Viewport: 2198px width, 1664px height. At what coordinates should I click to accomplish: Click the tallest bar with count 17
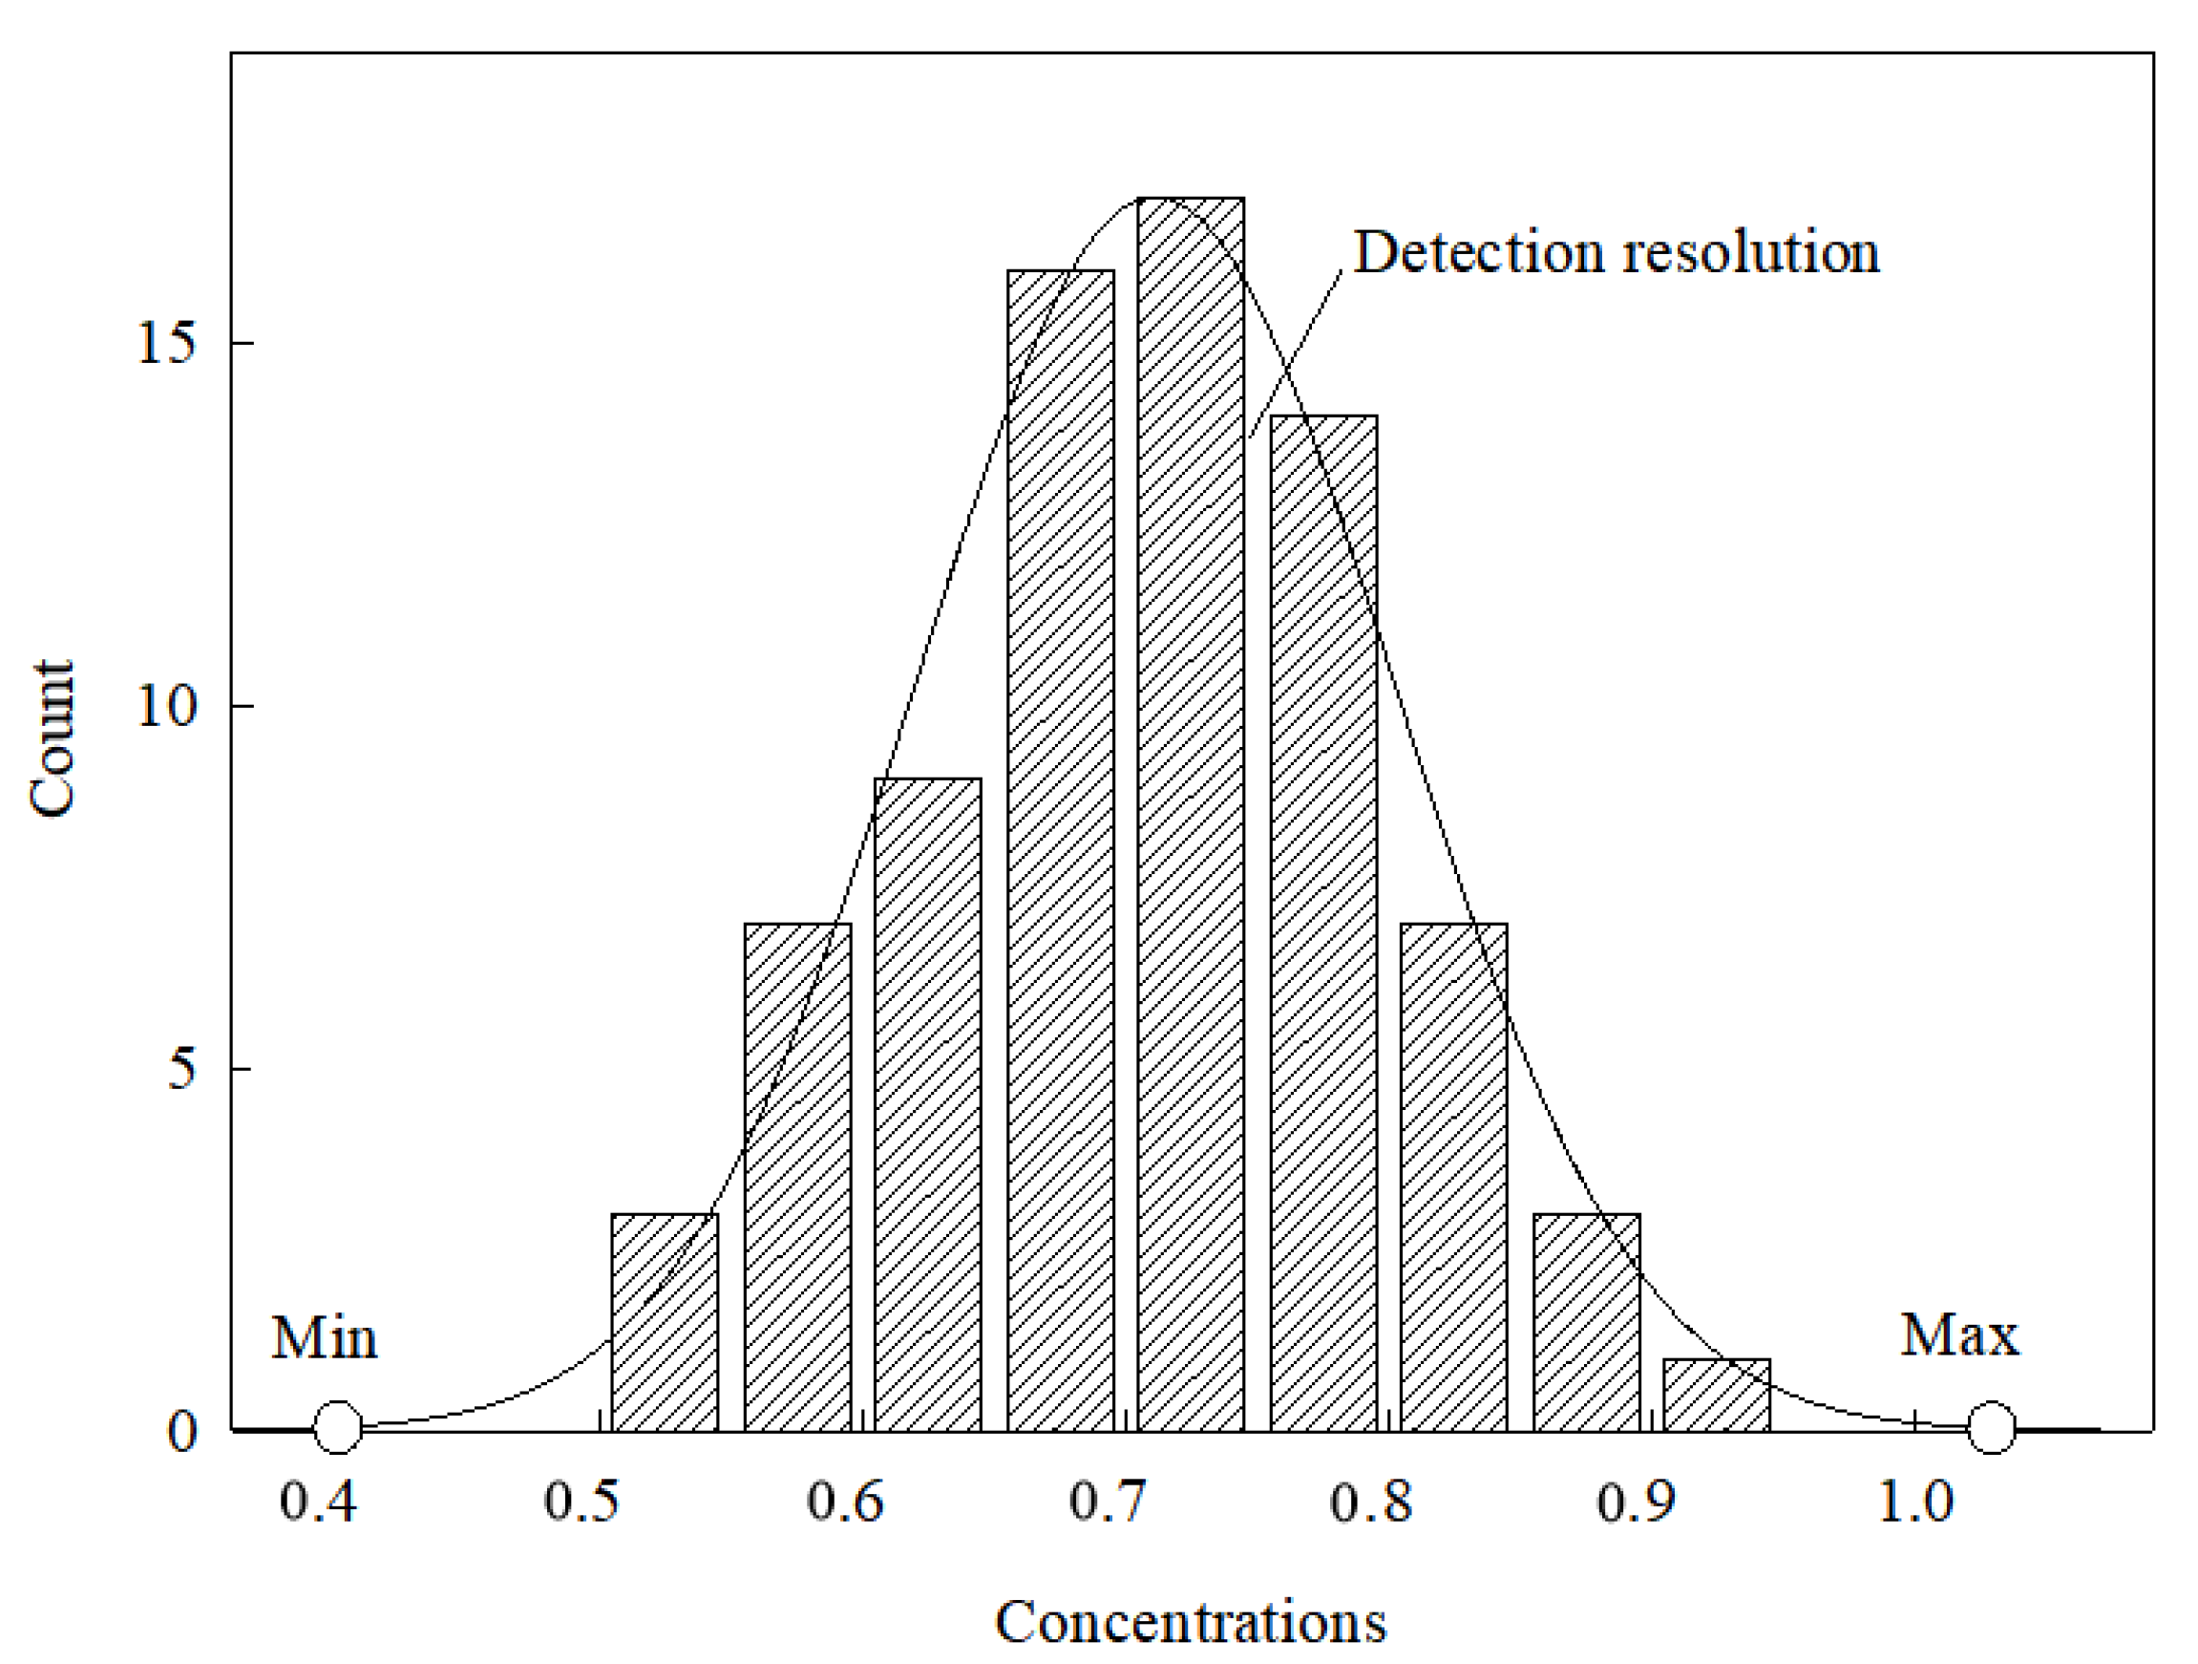coord(1191,815)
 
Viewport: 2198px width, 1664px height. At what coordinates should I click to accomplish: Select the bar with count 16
coord(1060,851)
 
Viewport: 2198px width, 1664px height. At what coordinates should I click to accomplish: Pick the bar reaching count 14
coord(1323,924)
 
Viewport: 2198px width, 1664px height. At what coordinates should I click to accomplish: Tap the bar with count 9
coord(927,1104)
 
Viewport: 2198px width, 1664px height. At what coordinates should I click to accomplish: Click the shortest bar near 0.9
coord(1716,1395)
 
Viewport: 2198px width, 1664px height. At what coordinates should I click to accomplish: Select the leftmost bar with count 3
coord(665,1322)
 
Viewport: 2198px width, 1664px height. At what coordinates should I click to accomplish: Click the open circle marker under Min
coord(338,1427)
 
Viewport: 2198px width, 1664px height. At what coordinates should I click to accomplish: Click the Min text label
coord(324,1338)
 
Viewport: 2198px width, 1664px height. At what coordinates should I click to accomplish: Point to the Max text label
coord(1959,1335)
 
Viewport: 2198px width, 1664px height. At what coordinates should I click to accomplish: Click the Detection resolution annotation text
coord(1617,252)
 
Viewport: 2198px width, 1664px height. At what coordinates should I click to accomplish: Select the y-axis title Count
coord(52,738)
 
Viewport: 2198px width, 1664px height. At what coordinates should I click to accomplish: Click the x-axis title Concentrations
coord(1191,1622)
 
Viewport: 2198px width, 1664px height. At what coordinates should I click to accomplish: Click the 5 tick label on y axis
coord(181,1071)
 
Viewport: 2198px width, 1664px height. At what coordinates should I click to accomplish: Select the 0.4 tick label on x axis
coord(318,1500)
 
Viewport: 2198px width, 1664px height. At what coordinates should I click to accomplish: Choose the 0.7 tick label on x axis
coord(1108,1500)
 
